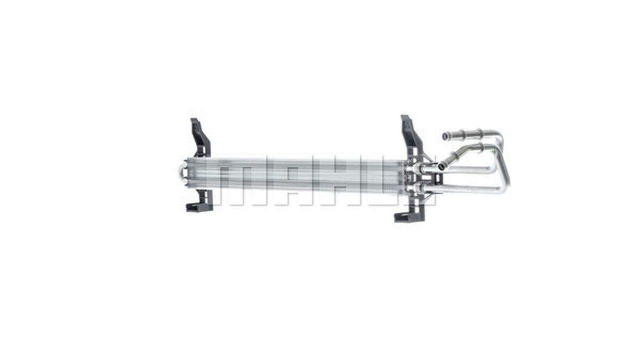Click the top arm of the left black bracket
200,137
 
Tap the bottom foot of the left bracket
199,207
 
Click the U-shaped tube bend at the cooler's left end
181,173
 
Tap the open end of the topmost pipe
444,136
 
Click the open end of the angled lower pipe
441,165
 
